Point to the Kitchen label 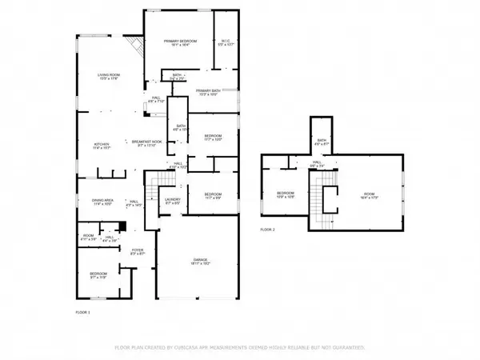click(x=101, y=146)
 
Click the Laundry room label click(x=172, y=202)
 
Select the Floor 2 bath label click(x=322, y=142)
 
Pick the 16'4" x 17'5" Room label click(x=369, y=194)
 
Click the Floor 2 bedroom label click(x=286, y=194)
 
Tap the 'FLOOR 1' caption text click(x=83, y=311)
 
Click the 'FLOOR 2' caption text click(x=267, y=230)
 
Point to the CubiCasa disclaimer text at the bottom click(x=240, y=348)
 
